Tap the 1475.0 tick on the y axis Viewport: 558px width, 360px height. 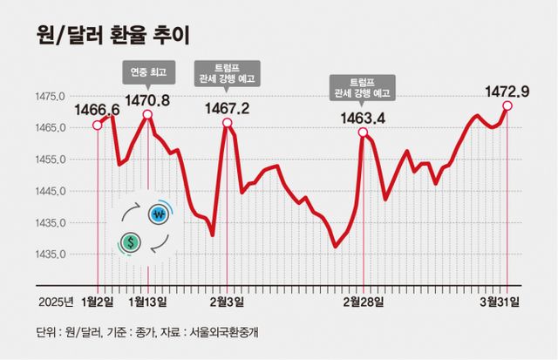pos(51,96)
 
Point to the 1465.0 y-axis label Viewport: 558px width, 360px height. pos(51,128)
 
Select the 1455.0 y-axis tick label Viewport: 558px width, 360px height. pos(51,160)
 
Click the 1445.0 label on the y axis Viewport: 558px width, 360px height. pos(51,191)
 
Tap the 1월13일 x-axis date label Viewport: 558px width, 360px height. pos(147,302)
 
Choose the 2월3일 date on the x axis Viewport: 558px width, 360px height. pos(228,302)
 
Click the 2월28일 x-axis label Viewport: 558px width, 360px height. pos(363,302)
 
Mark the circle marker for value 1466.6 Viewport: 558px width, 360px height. pos(98,125)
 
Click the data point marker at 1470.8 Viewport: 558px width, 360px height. pos(147,114)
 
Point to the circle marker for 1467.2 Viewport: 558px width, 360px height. pos(227,123)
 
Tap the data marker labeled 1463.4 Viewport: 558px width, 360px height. pos(363,132)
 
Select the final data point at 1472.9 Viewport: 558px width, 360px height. pos(507,106)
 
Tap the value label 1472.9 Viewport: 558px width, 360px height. pos(507,91)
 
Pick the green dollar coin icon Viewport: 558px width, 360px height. pos(131,241)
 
